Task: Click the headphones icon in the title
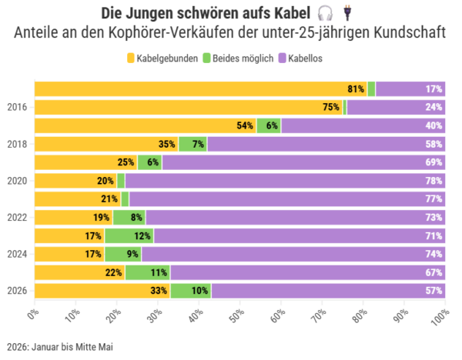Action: coord(325,14)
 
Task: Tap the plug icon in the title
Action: coord(347,14)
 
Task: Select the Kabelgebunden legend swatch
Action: coord(131,58)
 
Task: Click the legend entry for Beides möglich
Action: coord(238,58)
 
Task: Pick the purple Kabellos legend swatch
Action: coord(283,58)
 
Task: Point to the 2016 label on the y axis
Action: coord(17,107)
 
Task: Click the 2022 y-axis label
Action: coord(17,218)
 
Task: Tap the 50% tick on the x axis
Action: coord(237,315)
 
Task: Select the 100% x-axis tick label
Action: coord(440,316)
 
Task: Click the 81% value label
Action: coord(356,89)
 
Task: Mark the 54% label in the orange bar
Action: coord(245,125)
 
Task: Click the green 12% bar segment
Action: coord(129,236)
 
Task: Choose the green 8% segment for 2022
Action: coord(129,218)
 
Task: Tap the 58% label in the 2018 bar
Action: coord(434,145)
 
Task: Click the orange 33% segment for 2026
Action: coord(102,291)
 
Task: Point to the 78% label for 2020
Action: coord(434,181)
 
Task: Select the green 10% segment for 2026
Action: coord(191,291)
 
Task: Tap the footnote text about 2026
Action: coord(60,347)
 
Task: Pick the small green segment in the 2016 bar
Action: coord(345,107)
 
